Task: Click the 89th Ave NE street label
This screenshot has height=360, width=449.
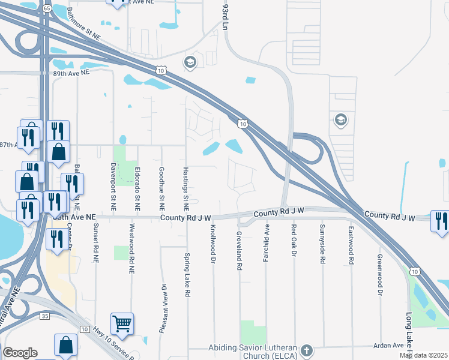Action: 71,72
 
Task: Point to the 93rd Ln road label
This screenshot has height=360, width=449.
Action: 225,17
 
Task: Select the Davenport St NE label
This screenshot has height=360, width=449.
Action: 112,185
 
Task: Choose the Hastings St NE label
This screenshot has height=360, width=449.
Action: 186,185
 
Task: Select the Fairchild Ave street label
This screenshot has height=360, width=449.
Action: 267,238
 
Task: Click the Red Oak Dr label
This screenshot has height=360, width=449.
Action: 294,241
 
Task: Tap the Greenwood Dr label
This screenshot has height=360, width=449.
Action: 379,275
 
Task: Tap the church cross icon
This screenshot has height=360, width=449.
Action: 306,350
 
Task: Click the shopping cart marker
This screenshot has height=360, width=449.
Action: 122,324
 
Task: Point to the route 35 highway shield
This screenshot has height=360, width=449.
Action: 45,314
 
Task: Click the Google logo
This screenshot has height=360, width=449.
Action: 20,352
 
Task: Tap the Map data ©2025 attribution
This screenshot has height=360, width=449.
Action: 423,355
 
